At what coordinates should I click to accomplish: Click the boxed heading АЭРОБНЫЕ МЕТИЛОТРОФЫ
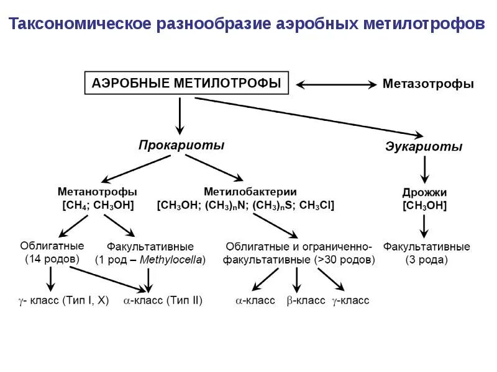(x=186, y=83)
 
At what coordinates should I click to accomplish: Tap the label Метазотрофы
(x=428, y=84)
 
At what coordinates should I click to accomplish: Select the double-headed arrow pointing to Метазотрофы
(x=336, y=84)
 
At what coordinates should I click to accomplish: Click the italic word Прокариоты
(x=181, y=145)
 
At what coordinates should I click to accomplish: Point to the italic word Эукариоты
(x=424, y=148)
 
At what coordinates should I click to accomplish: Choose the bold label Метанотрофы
(x=98, y=192)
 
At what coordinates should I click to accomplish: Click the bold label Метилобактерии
(x=250, y=192)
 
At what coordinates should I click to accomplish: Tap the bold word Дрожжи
(x=424, y=193)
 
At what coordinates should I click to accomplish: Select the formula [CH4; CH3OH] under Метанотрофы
(x=98, y=205)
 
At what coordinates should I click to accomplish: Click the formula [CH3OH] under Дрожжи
(x=424, y=206)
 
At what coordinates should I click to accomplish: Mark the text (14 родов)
(x=53, y=259)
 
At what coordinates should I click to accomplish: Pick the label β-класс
(x=306, y=301)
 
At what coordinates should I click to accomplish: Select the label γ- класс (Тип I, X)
(x=63, y=301)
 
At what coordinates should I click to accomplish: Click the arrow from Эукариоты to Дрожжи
(x=424, y=169)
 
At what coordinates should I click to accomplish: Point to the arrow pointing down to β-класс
(x=297, y=281)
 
